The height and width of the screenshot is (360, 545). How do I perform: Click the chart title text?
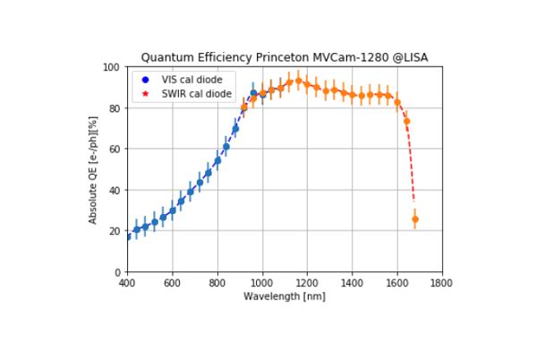[285, 57]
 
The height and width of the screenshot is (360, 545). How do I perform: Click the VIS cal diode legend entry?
[191, 80]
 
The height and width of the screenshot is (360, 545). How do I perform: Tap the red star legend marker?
[146, 93]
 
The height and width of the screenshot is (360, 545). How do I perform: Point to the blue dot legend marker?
[146, 80]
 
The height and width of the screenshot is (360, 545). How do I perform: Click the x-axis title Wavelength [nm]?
[284, 296]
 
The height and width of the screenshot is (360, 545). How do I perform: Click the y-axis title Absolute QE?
[94, 169]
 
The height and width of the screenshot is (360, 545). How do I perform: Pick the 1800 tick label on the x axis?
[441, 283]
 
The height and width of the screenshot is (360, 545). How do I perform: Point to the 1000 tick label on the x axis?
[262, 283]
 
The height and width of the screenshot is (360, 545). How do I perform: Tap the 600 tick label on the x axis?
[173, 283]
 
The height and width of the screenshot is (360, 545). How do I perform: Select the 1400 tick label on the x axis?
[352, 283]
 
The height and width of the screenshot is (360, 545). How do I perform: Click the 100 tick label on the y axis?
[114, 67]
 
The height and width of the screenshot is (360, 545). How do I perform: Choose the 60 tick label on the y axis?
[116, 150]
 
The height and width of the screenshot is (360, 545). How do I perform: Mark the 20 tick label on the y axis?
[116, 231]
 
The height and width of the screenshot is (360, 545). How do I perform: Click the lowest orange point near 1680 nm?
[414, 219]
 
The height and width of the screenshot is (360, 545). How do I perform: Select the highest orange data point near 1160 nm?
[298, 81]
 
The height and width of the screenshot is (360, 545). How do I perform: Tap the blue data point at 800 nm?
[217, 161]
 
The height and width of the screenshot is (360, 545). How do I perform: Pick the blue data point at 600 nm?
[173, 210]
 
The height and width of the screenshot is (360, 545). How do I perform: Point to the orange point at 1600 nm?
[397, 102]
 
